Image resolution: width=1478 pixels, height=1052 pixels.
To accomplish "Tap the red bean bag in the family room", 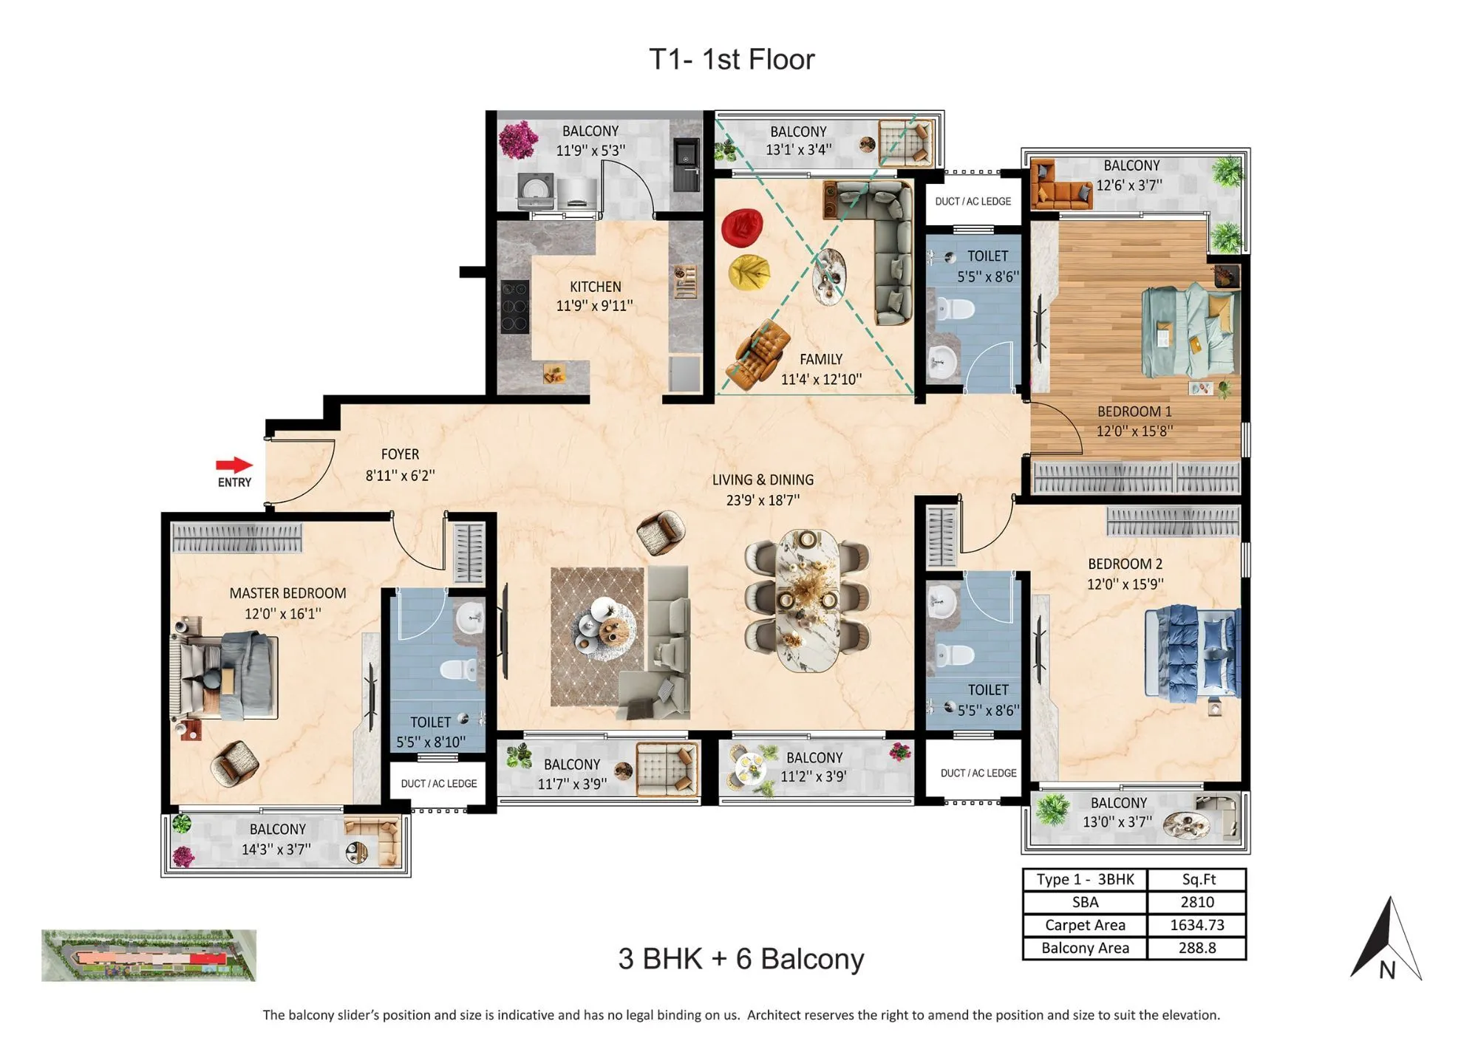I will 741,228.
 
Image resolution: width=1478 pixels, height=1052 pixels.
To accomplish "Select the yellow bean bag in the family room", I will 749,273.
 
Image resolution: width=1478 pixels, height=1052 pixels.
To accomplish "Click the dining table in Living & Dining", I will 807,600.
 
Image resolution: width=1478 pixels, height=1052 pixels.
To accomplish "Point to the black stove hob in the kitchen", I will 514,306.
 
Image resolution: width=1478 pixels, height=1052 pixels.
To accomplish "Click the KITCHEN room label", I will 595,287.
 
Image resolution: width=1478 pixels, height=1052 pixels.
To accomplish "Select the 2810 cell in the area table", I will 1196,902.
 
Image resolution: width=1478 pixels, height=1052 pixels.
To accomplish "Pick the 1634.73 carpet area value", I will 1196,925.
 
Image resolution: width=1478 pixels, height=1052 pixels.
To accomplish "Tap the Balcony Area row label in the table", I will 1085,948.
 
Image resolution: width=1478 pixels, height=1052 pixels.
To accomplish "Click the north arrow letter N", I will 1387,970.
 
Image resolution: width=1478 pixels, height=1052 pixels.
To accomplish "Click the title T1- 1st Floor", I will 732,59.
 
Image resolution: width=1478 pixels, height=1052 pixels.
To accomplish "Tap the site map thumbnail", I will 149,955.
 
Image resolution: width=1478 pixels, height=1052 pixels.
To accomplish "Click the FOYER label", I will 400,454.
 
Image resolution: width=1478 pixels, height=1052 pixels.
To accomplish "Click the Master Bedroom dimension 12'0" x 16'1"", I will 283,613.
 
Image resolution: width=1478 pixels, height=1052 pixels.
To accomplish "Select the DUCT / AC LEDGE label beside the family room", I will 973,201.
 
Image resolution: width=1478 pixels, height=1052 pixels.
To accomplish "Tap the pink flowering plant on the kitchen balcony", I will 517,140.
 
